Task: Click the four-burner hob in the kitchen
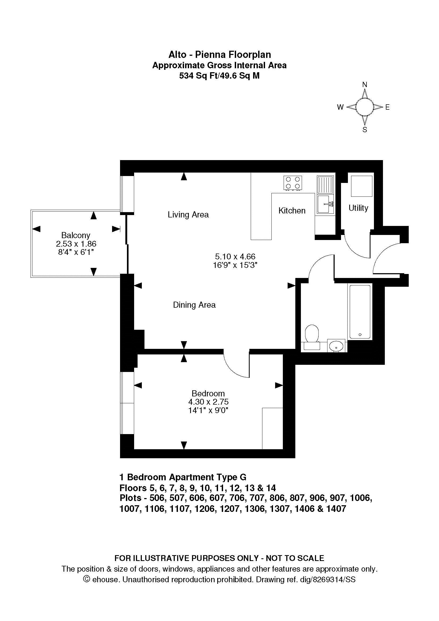pos(293,183)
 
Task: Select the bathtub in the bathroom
pos(360,311)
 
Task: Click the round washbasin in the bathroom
pos(336,345)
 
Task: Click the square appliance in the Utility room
pos(361,186)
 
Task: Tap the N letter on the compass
pos(365,85)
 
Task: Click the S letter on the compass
pos(365,130)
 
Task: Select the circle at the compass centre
pos(365,107)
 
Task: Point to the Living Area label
pos(188,215)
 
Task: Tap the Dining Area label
pos(194,305)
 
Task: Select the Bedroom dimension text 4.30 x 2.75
pos(208,402)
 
